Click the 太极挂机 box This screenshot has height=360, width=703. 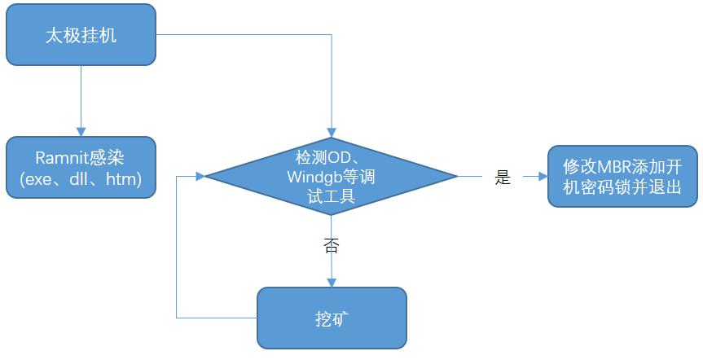(81, 35)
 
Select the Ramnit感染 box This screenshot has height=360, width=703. (81, 168)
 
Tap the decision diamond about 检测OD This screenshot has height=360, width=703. (331, 175)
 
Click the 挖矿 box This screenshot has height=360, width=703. (331, 317)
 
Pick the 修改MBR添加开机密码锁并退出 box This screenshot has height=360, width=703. (622, 176)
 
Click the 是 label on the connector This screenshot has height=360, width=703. (503, 177)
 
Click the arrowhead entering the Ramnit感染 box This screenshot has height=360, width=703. (81, 130)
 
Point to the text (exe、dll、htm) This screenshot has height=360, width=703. (81, 179)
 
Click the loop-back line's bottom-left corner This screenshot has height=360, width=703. (177, 317)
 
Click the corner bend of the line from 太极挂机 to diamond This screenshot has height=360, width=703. (331, 35)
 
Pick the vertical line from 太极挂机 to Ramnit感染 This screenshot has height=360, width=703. (81, 98)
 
